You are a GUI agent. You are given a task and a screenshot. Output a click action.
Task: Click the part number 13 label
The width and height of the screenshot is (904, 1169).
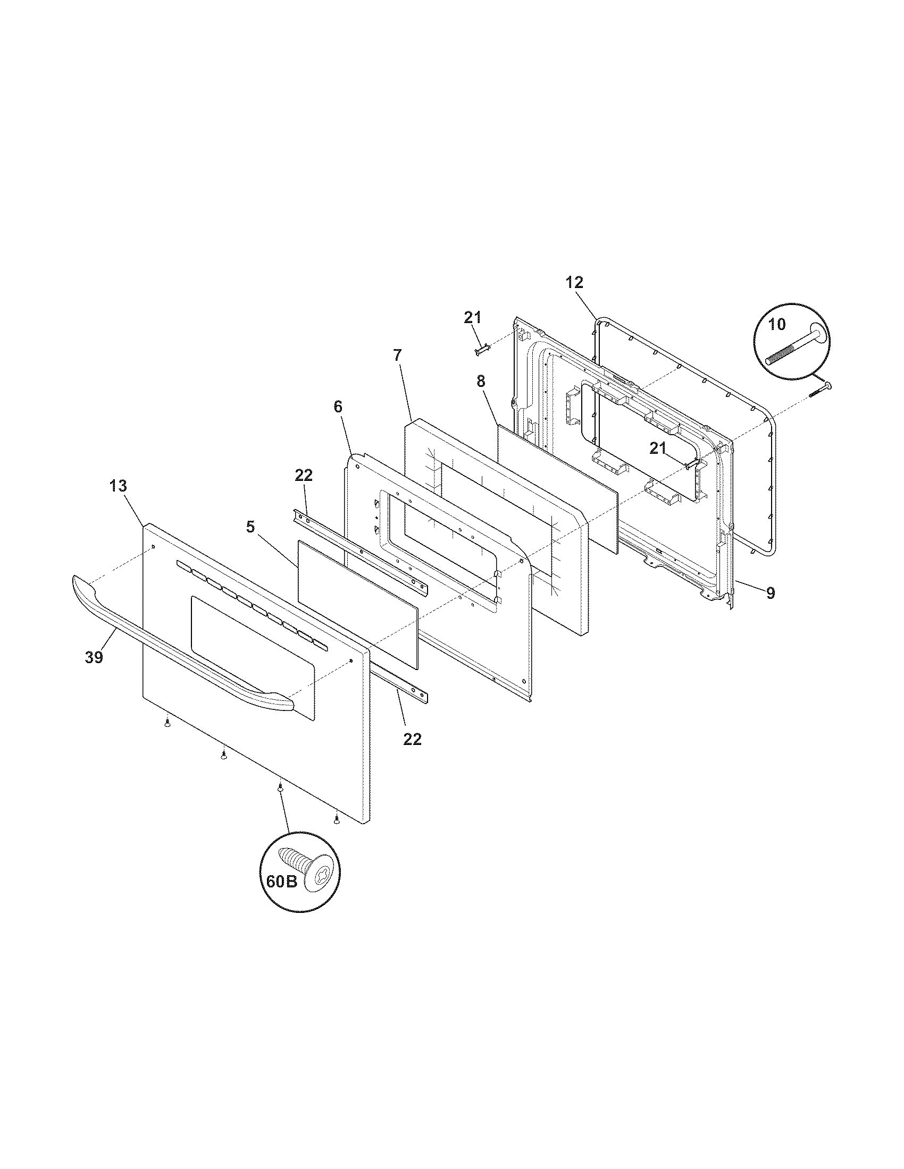coord(119,486)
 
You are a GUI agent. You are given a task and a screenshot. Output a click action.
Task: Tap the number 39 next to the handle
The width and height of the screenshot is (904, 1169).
coord(94,657)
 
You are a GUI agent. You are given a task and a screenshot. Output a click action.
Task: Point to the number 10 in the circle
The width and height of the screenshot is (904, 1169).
coord(776,324)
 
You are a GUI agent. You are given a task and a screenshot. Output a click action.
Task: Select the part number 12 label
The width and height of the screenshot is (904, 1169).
coord(574,282)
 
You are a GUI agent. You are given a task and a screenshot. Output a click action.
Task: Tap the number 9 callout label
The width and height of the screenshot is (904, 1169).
coord(770,592)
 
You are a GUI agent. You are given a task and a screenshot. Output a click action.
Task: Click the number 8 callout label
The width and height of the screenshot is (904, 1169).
coord(480,382)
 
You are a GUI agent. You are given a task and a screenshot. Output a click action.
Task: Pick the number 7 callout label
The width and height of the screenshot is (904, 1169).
coord(397,355)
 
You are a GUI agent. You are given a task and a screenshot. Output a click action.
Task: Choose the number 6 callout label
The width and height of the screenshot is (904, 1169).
coord(337,407)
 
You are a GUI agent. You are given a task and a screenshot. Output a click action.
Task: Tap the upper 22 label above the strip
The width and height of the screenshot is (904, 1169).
coord(304,476)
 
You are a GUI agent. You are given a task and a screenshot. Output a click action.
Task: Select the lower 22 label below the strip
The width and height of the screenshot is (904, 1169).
coord(412,739)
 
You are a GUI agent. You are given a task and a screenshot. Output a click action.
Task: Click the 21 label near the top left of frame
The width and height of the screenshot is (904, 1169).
coord(472,317)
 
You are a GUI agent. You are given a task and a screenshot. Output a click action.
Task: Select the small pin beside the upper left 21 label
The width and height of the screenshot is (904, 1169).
coord(481,351)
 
